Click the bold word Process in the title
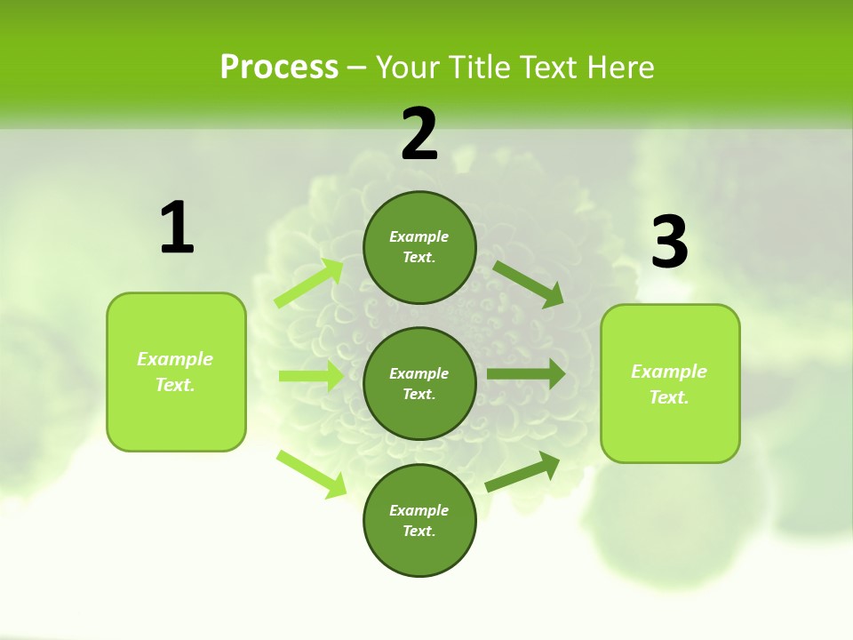279,68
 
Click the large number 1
177,228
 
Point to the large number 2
419,134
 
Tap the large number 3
670,243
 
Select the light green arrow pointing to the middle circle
311,376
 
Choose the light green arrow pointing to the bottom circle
311,474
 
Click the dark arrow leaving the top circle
528,284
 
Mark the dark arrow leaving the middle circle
526,374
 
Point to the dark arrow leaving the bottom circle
522,472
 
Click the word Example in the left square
175,359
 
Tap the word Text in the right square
667,397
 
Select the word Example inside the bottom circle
419,510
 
